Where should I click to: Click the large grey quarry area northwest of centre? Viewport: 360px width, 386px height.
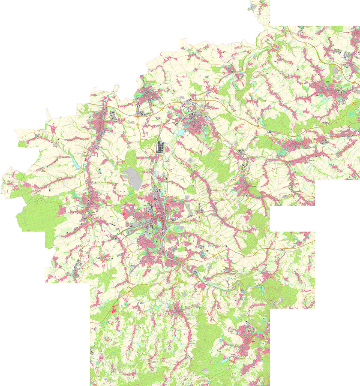(x=132, y=177)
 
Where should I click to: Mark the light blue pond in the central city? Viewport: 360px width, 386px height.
(x=160, y=223)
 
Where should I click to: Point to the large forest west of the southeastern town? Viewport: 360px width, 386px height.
(x=206, y=339)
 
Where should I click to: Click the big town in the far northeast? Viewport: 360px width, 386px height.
(x=330, y=86)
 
